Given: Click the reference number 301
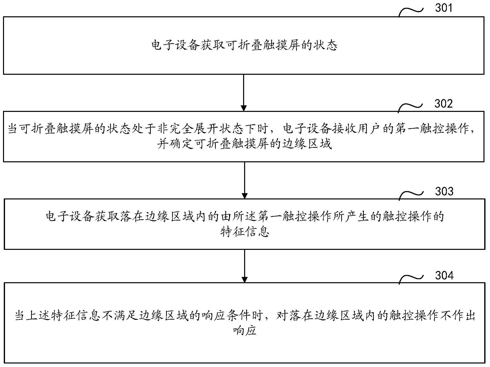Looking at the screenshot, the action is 444,8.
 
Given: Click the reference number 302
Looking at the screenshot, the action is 444,104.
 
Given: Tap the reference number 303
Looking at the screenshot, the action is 444,191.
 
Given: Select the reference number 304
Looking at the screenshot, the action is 444,275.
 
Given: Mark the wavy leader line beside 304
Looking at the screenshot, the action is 411,278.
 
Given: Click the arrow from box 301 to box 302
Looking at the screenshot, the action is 244,93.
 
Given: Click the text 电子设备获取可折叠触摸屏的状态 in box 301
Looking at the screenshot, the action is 244,46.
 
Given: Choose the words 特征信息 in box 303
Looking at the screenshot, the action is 245,232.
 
